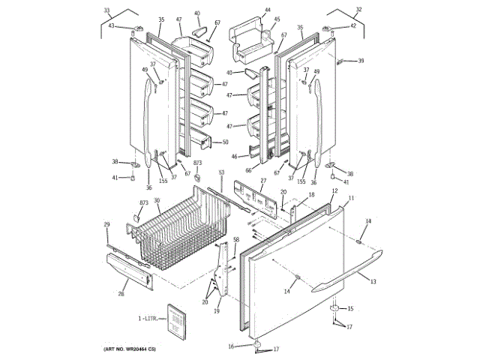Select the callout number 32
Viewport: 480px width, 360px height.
(x=358, y=9)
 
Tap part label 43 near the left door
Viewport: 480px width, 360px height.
(x=111, y=26)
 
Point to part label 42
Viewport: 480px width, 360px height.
(x=352, y=26)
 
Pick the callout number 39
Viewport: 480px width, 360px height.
(x=361, y=61)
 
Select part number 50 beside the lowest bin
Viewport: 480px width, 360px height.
(x=225, y=141)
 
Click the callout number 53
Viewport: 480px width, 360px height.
(x=221, y=172)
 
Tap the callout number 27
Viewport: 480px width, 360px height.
(x=263, y=181)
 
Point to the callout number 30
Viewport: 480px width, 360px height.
(x=157, y=200)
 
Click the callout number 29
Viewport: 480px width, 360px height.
(x=106, y=224)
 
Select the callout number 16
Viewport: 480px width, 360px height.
(x=232, y=346)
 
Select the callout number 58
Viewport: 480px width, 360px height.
(x=235, y=240)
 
